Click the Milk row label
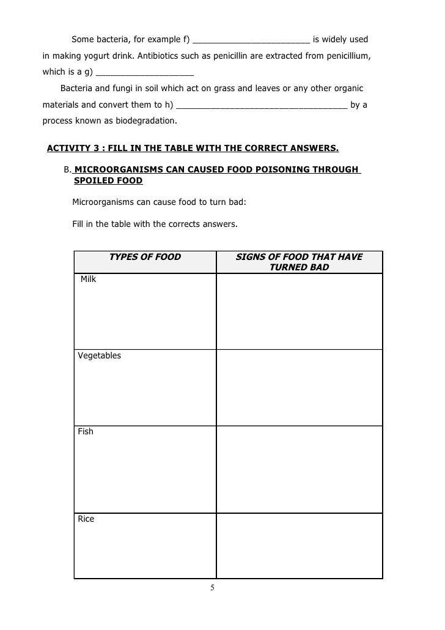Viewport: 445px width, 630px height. click(89, 280)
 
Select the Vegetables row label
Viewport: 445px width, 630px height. click(100, 355)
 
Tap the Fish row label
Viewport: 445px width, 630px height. click(86, 431)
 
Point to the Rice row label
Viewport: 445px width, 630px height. click(86, 519)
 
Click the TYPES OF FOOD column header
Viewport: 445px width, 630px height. click(145, 257)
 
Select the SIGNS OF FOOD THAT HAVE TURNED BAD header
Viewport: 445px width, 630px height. click(299, 262)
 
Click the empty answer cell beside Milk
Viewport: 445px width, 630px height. click(300, 311)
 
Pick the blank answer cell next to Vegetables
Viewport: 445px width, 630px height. click(300, 388)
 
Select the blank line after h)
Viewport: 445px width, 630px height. click(262, 105)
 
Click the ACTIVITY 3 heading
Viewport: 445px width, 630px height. click(193, 148)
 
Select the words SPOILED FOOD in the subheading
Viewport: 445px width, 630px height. click(108, 180)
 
